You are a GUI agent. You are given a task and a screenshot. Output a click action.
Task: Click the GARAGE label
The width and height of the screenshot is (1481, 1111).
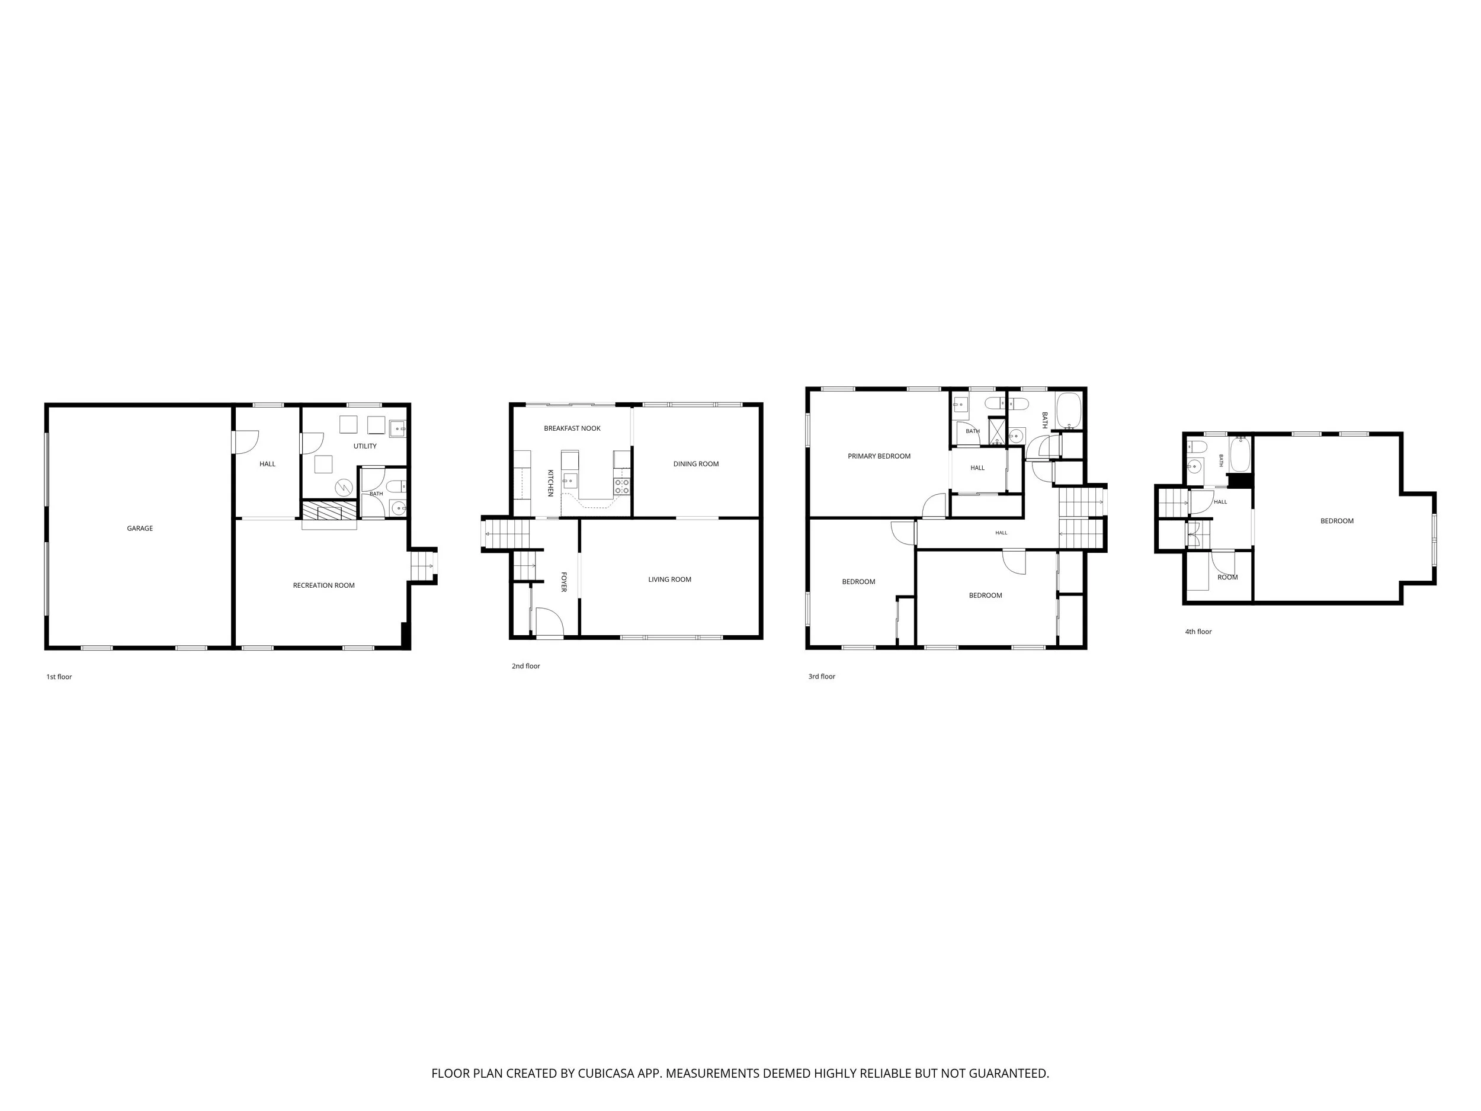(140, 529)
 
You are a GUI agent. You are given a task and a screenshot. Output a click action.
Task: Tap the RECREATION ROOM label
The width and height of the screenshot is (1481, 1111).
(324, 585)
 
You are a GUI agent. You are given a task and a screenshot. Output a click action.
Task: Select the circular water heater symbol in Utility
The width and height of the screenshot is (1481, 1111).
(344, 488)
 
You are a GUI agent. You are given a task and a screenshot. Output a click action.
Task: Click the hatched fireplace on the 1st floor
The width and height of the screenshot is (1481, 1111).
(329, 511)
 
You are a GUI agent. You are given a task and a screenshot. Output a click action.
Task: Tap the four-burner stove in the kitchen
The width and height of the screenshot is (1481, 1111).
(622, 486)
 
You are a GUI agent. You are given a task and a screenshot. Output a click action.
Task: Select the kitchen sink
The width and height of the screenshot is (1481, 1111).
(570, 479)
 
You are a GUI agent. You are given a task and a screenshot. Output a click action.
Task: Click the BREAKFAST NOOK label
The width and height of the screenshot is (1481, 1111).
(572, 428)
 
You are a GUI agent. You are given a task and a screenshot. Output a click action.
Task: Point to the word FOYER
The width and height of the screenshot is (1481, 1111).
(564, 581)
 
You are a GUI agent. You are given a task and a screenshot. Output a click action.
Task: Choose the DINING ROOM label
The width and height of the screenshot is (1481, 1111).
(696, 464)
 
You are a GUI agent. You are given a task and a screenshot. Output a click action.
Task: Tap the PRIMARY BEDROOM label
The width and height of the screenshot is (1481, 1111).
(879, 457)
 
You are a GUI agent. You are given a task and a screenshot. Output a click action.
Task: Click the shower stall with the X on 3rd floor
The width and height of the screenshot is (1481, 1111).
(998, 432)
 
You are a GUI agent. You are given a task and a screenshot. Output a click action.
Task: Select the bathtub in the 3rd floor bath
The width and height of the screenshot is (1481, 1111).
(1069, 411)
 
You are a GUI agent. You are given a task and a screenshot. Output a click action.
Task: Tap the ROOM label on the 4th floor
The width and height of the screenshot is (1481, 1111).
(1228, 577)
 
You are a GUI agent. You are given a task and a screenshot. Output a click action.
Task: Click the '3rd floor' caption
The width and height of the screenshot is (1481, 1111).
(822, 677)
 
